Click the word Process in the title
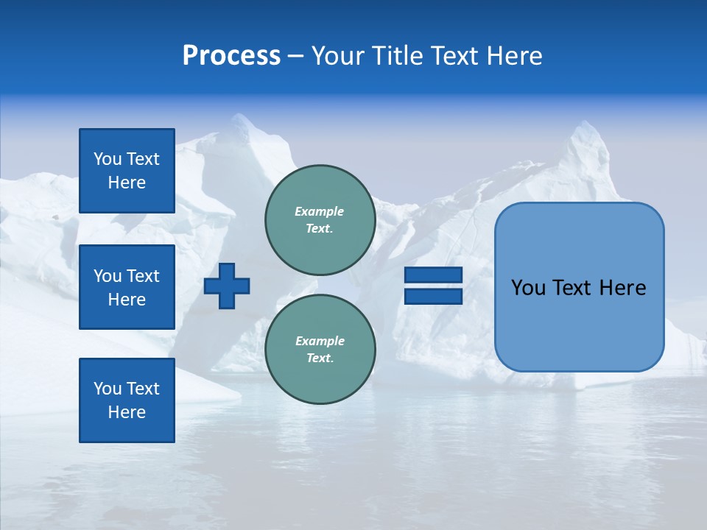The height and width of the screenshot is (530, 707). point(231,56)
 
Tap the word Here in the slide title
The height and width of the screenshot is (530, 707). point(513,56)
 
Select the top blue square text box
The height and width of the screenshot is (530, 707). point(127,171)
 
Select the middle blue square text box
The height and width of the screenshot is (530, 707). point(127,287)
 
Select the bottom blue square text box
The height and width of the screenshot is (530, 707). point(127,400)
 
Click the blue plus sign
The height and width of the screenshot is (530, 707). point(227,286)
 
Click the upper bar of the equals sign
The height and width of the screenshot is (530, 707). point(434,275)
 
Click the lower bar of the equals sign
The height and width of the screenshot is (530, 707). point(434,297)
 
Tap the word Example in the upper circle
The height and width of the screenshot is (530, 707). point(319,211)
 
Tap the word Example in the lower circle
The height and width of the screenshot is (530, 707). point(320,341)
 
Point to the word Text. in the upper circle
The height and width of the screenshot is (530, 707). point(320,229)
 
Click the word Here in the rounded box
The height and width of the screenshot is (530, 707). point(622,288)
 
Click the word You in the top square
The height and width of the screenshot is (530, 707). point(108,159)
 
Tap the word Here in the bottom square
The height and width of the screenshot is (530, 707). point(127,412)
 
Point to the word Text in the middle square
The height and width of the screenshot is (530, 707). point(143,276)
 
